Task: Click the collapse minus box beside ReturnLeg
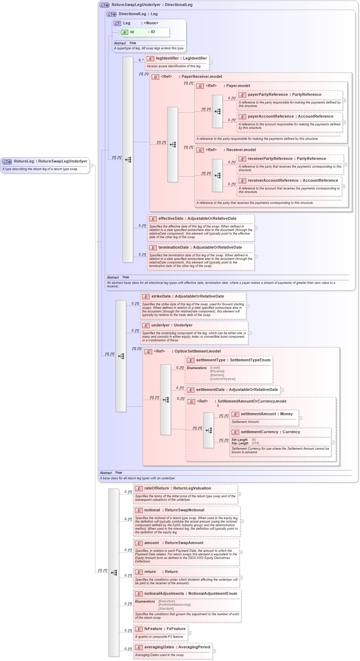click(x=91, y=165)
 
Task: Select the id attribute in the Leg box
click(x=132, y=32)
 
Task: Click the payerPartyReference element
click(x=268, y=95)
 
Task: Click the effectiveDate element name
click(x=171, y=219)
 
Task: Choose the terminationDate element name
click(x=173, y=248)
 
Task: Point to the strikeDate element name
click(x=161, y=297)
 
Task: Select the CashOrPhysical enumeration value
click(x=223, y=379)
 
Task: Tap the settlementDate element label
click(x=210, y=390)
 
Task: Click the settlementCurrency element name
click(x=260, y=432)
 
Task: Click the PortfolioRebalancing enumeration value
click(x=174, y=605)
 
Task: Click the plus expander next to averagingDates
click(x=214, y=651)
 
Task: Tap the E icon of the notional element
click(x=139, y=511)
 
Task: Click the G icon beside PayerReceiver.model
click(x=155, y=77)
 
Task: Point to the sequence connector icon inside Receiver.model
click(x=217, y=175)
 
